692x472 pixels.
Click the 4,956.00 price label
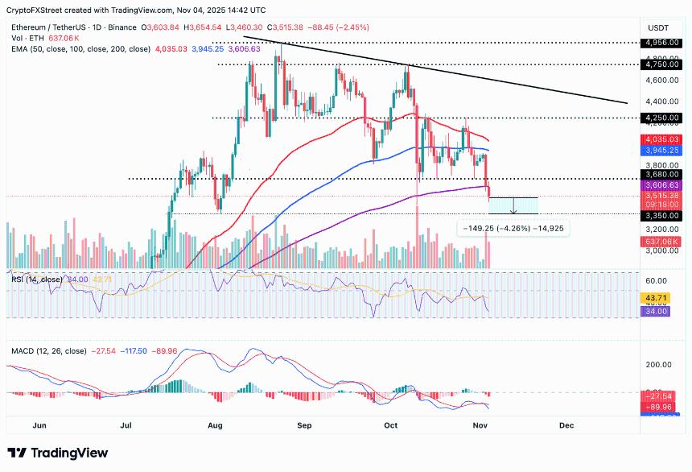[x=664, y=42]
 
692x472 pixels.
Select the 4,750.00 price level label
[x=664, y=64]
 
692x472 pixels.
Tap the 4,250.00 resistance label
[x=664, y=118]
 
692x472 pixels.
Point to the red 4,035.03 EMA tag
[x=664, y=139]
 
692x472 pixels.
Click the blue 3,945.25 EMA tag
[x=664, y=150]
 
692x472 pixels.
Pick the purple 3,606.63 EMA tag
[x=664, y=185]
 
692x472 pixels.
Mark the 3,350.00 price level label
[x=664, y=213]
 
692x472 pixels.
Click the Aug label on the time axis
[x=215, y=423]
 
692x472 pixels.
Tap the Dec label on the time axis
[x=566, y=423]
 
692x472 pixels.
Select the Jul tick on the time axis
[x=127, y=423]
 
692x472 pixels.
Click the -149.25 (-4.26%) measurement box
[x=513, y=229]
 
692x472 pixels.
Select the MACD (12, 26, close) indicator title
[x=49, y=351]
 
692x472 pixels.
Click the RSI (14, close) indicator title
[x=37, y=279]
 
